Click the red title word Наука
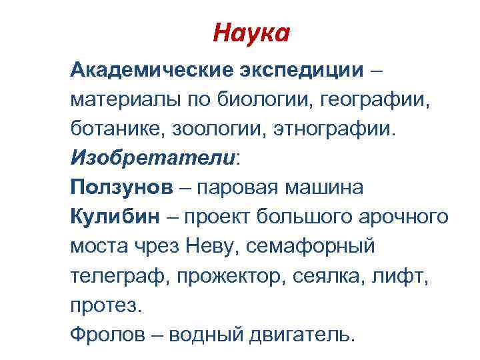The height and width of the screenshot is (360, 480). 251,32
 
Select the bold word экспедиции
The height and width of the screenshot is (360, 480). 298,69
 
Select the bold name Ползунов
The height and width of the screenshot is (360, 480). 119,187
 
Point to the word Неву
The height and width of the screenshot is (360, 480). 211,247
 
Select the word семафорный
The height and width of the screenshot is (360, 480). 311,247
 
